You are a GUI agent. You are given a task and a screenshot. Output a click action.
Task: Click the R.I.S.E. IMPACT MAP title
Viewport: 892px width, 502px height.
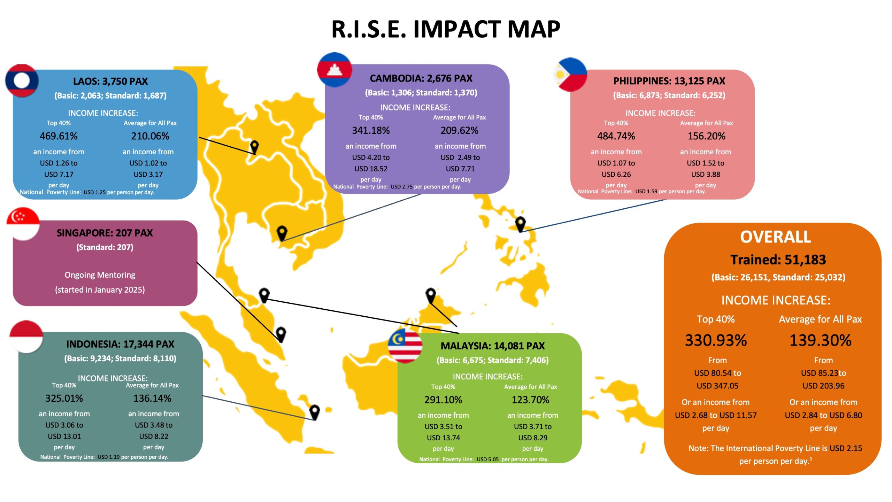(446, 29)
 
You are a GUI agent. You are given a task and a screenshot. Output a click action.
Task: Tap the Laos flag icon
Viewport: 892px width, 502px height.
(22, 80)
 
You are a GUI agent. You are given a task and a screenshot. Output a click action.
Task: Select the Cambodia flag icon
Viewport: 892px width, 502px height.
(334, 70)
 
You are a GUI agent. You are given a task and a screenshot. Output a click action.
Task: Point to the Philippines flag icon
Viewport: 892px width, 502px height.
(570, 75)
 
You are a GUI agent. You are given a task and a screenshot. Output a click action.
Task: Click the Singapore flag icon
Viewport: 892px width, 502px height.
(23, 224)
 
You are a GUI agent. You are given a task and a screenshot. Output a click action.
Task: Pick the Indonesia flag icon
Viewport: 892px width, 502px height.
(26, 337)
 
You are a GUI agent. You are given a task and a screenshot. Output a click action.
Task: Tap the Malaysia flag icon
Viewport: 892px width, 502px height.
(405, 346)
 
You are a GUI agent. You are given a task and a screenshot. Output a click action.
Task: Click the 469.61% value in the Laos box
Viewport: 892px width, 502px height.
(59, 136)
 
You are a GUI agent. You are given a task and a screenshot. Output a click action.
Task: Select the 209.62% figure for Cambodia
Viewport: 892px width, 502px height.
(460, 130)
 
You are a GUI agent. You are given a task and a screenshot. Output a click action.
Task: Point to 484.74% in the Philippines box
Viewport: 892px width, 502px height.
(616, 136)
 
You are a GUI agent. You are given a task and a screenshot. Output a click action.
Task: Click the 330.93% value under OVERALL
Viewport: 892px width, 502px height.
(716, 340)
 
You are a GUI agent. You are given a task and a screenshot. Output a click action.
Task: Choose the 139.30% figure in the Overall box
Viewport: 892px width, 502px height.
(821, 340)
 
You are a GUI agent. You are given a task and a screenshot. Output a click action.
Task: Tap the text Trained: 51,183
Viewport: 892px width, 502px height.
(778, 260)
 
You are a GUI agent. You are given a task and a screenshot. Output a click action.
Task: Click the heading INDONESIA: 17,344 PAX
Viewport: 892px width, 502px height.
(120, 344)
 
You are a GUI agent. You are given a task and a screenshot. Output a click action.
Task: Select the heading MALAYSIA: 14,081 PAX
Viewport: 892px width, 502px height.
(493, 346)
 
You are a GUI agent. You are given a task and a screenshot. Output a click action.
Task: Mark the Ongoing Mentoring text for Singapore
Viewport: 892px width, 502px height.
(100, 275)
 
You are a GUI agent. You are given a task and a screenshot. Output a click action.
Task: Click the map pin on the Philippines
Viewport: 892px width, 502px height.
(520, 224)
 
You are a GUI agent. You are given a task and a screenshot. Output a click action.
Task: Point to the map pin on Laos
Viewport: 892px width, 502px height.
(255, 147)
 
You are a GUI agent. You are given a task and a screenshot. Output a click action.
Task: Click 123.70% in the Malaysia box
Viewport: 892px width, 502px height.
(531, 400)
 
